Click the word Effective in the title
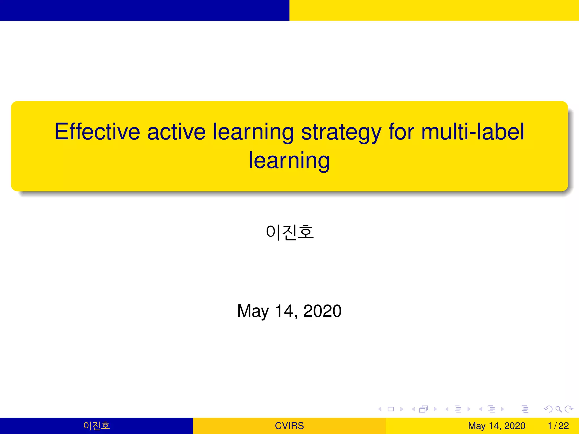click(97, 132)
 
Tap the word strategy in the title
click(341, 132)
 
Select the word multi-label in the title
click(473, 132)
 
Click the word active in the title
click(176, 132)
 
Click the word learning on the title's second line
click(289, 160)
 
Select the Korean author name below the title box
click(290, 232)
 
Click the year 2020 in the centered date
click(322, 311)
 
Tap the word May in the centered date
click(253, 311)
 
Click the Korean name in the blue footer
click(96, 426)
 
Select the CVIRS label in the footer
click(289, 426)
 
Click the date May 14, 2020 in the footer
click(496, 426)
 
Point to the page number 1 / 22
click(558, 426)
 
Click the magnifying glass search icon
click(558, 409)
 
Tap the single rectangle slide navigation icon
click(391, 409)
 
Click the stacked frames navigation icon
click(424, 409)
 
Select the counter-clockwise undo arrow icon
click(548, 409)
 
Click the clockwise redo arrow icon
click(569, 409)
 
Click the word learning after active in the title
click(253, 132)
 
